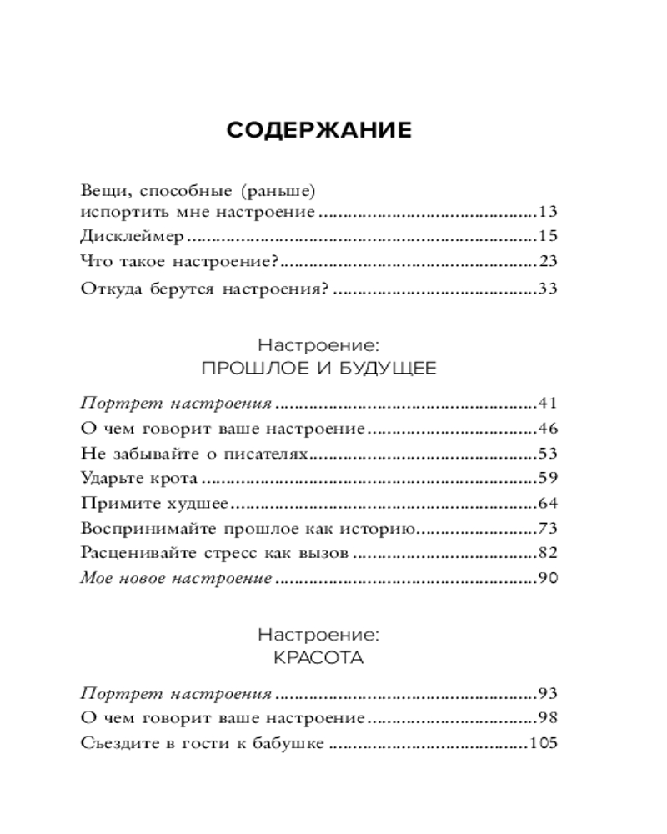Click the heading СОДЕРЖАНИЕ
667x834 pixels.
click(319, 131)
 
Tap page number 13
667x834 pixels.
click(548, 212)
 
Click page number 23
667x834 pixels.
click(548, 262)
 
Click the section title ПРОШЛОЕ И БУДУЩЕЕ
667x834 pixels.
click(319, 368)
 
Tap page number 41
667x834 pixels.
click(548, 404)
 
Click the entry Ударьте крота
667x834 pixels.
click(139, 480)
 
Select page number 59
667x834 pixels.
click(548, 480)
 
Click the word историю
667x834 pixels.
click(380, 529)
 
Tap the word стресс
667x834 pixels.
click(234, 553)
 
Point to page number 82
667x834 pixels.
click(548, 553)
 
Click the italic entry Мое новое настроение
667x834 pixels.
click(177, 578)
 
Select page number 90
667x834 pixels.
click(548, 578)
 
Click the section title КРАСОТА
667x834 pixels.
click(319, 657)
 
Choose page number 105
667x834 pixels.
click(544, 743)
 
